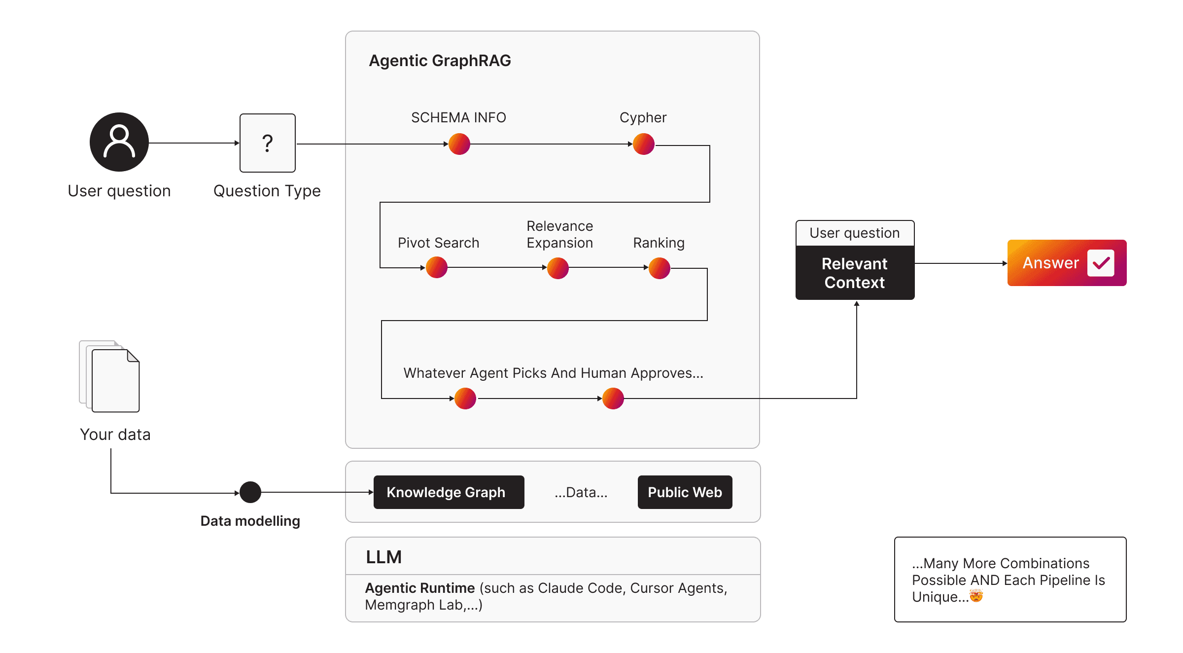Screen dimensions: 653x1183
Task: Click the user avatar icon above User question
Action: (119, 142)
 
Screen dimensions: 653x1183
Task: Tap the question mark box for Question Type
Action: (267, 143)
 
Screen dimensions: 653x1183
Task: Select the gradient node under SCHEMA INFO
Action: (459, 144)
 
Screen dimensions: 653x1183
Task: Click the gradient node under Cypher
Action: (643, 144)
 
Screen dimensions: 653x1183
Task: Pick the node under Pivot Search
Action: (436, 268)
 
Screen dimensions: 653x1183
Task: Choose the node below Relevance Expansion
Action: (557, 268)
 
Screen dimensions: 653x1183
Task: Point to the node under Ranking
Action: (659, 268)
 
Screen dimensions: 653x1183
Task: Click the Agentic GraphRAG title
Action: (440, 61)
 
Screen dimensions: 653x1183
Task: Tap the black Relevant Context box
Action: (854, 273)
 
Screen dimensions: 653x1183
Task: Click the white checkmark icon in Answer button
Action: (1100, 263)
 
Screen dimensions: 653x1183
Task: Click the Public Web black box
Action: (685, 492)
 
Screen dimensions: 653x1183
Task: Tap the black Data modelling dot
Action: (250, 492)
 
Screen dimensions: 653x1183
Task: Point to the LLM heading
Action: (383, 557)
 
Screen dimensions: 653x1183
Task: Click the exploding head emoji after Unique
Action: (975, 596)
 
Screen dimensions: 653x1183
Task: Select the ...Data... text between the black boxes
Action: (581, 492)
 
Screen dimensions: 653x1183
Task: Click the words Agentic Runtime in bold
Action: (419, 588)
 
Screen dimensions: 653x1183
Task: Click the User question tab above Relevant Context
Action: (854, 233)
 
